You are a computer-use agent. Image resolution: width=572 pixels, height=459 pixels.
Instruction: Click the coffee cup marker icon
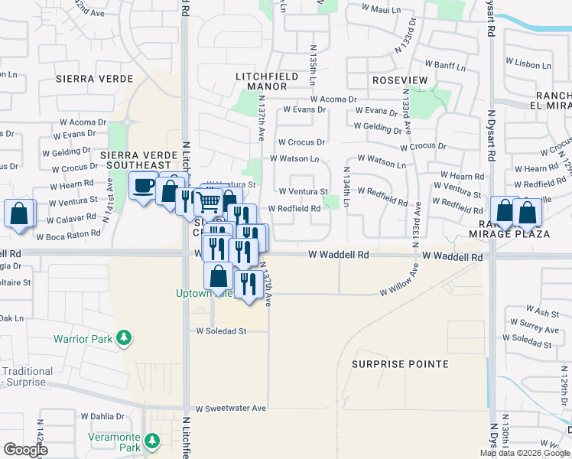pos(142,186)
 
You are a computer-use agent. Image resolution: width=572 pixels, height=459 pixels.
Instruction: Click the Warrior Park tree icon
pos(122,338)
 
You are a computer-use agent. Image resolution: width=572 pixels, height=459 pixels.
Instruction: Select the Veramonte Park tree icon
pos(151,441)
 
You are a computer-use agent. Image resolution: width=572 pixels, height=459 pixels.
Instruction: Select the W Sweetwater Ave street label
pos(230,409)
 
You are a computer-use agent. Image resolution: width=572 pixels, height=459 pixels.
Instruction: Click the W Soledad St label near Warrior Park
pos(222,331)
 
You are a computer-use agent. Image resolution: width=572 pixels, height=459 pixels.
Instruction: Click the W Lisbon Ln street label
pos(528,63)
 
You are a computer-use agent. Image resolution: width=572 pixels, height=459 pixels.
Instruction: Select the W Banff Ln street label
pos(437,52)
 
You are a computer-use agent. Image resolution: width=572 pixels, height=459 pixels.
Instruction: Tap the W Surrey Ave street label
pos(536,325)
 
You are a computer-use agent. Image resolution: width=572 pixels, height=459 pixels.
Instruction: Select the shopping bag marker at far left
pos(19,213)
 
